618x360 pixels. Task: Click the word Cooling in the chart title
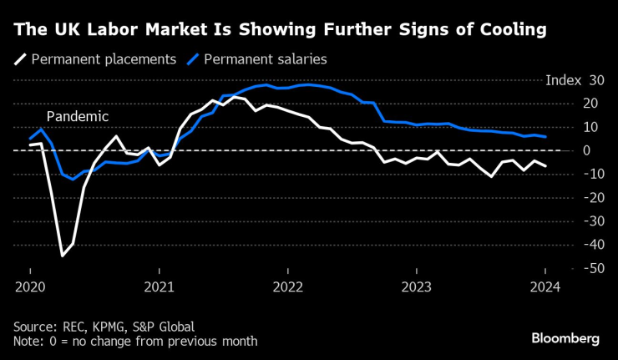(x=511, y=30)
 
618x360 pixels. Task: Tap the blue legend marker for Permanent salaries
(x=193, y=59)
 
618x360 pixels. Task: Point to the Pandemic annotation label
(x=78, y=116)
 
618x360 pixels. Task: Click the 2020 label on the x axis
(x=30, y=287)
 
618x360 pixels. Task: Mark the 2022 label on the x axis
(x=287, y=287)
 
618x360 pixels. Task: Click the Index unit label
(x=562, y=80)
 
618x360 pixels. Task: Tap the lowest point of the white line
(x=62, y=256)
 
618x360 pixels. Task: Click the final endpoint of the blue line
(x=546, y=136)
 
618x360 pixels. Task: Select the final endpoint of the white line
(x=546, y=166)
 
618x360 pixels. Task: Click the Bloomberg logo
(x=565, y=338)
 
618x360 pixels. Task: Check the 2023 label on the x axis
(x=417, y=287)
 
